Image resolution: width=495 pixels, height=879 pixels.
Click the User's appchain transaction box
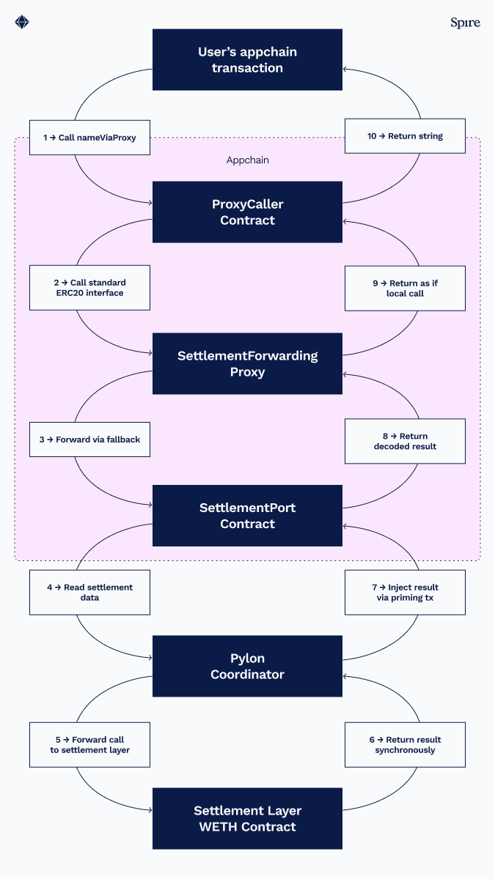coord(247,60)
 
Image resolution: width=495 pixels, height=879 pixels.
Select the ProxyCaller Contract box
coord(247,212)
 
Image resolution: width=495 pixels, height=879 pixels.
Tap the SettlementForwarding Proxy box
coord(247,364)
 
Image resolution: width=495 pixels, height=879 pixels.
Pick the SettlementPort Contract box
coord(247,516)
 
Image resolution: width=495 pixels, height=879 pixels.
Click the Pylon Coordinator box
coord(247,666)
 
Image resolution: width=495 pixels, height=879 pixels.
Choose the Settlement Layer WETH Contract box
coord(247,819)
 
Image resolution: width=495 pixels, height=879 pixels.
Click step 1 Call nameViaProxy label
coord(89,137)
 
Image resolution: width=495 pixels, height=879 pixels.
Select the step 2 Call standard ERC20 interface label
coord(89,288)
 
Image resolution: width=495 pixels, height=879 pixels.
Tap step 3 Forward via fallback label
coord(89,439)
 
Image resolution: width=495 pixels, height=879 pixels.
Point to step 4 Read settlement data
coord(89,592)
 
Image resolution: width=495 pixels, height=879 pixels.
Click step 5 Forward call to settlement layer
coord(89,744)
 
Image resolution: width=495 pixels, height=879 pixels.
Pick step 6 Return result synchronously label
coord(405,744)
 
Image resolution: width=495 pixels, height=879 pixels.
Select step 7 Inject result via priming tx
coord(405,592)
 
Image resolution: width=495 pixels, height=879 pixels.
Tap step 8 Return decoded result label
coord(405,441)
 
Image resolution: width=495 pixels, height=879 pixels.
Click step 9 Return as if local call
coord(405,288)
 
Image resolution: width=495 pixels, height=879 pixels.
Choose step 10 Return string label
coord(405,136)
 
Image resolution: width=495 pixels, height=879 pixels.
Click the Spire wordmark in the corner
coord(465,23)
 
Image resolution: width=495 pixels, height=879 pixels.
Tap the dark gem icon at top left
coord(22,22)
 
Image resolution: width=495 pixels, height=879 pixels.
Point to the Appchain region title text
coord(247,160)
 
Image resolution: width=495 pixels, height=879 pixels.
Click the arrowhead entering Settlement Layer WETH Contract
coord(149,810)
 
